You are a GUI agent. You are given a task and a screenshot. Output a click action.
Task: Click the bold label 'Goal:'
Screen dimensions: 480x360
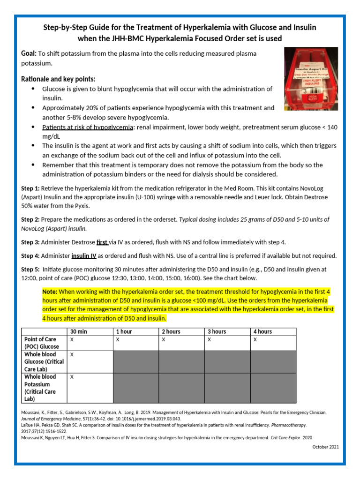click(x=29, y=54)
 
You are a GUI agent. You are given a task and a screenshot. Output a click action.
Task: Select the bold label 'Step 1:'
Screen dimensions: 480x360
click(x=30, y=188)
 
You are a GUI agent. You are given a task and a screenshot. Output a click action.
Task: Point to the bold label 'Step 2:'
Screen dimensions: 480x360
click(x=30, y=219)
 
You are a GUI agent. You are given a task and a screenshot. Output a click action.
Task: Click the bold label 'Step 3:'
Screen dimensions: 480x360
click(x=30, y=242)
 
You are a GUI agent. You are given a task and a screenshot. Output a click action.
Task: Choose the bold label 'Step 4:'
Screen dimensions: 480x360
click(x=30, y=256)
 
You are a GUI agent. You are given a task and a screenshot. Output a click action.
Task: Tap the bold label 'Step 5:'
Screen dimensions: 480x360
click(x=30, y=270)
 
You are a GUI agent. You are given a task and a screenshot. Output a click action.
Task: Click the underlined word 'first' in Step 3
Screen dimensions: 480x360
click(x=102, y=242)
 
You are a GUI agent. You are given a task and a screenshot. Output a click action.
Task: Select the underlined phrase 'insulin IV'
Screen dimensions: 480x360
click(x=84, y=256)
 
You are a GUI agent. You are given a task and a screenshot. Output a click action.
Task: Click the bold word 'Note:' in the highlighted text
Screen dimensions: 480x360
click(x=50, y=291)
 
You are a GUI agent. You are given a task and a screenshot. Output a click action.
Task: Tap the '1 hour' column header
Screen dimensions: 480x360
click(x=124, y=332)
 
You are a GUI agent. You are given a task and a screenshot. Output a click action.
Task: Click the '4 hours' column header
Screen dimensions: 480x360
click(x=262, y=332)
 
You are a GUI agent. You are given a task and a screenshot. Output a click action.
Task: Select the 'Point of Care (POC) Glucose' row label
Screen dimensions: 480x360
click(x=42, y=343)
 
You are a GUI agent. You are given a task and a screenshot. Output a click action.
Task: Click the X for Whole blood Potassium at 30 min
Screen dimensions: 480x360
click(x=72, y=377)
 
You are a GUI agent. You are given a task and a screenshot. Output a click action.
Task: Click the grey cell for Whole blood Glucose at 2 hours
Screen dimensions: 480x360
click(x=182, y=362)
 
